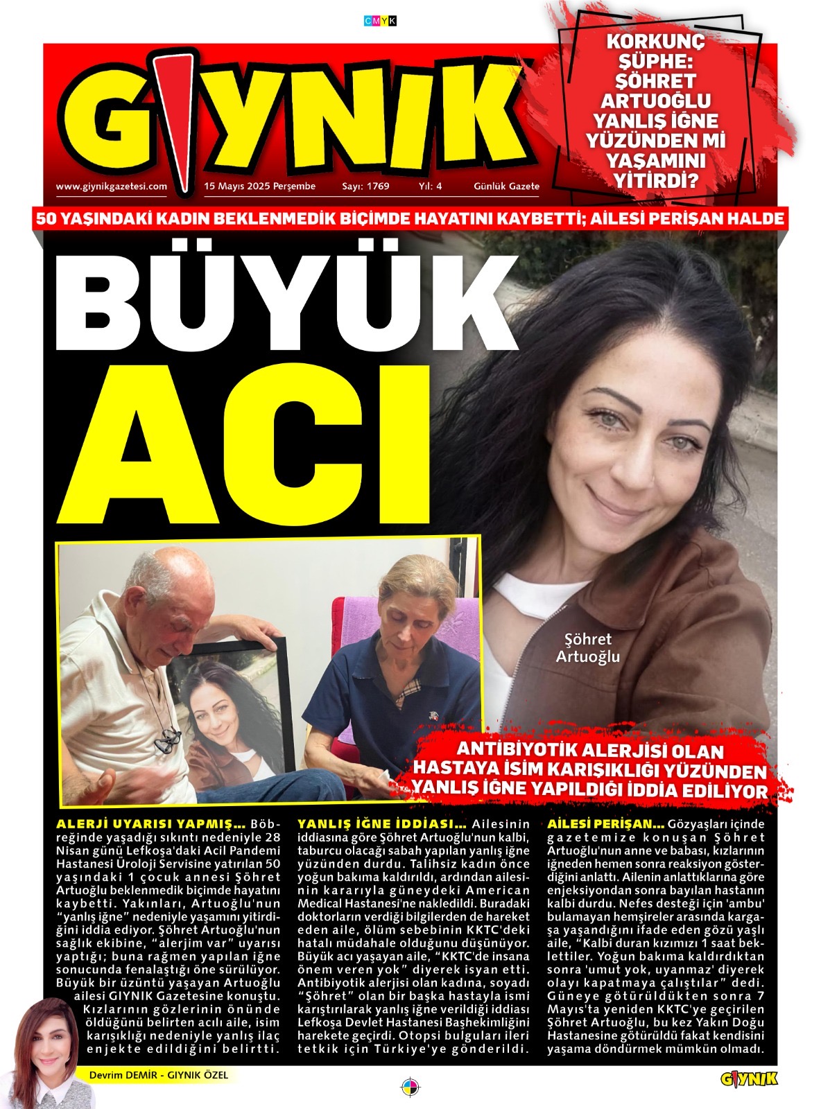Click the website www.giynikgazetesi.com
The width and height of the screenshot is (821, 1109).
coord(111,186)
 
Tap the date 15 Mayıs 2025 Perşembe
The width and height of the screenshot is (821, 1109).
coord(259,186)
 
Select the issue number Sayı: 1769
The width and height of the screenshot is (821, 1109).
coord(365,186)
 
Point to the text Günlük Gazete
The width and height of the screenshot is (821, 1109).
coord(506,186)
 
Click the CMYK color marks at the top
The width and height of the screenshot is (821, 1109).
coord(380,21)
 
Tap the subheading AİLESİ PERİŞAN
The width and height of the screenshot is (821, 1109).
coord(606,825)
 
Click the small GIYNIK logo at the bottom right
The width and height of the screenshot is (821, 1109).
coord(749,1079)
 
